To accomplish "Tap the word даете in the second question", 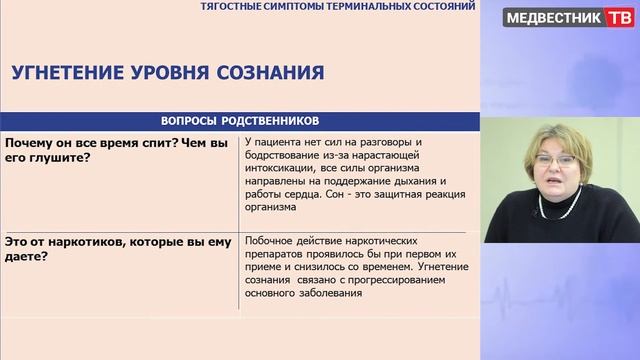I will (29, 256).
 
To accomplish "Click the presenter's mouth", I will (556, 187).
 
